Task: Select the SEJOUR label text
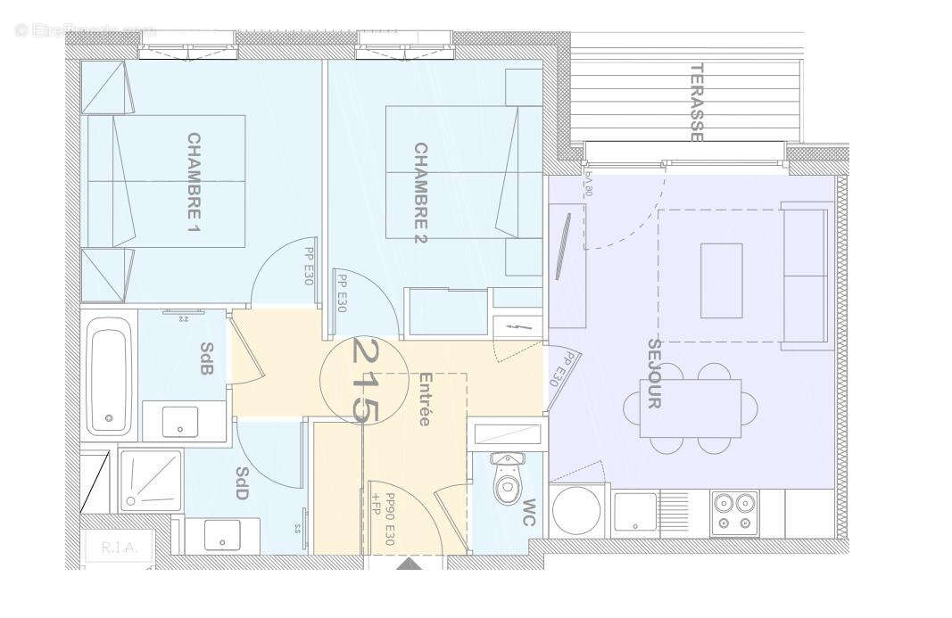pos(655,374)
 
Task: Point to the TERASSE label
pos(697,102)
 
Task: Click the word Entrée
pos(425,400)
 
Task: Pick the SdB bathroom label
pos(206,358)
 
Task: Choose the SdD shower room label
pos(242,482)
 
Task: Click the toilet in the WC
pos(507,481)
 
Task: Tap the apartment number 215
pos(363,381)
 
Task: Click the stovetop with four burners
pos(734,513)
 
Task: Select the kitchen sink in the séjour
pos(635,512)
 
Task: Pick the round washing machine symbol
pos(575,512)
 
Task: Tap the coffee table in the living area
pos(721,280)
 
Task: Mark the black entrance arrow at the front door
pos(410,564)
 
